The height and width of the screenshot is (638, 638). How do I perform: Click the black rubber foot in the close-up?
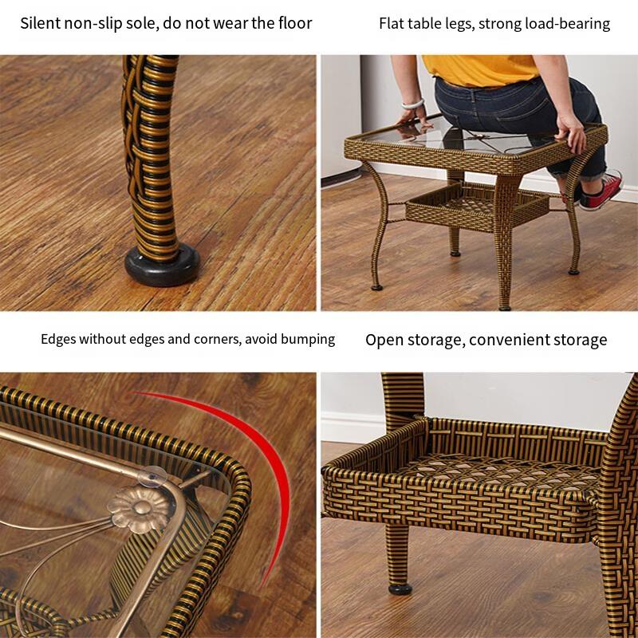point(162,265)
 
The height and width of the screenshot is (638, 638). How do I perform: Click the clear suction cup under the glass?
point(153,475)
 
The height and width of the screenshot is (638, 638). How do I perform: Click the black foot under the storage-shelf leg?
point(400,589)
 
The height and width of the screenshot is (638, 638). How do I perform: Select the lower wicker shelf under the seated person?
point(476,206)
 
